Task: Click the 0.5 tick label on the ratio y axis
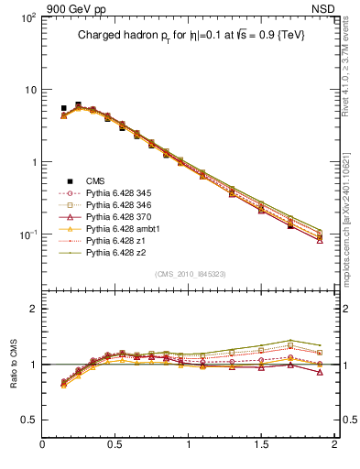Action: click(30, 420)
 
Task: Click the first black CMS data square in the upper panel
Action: click(63, 108)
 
